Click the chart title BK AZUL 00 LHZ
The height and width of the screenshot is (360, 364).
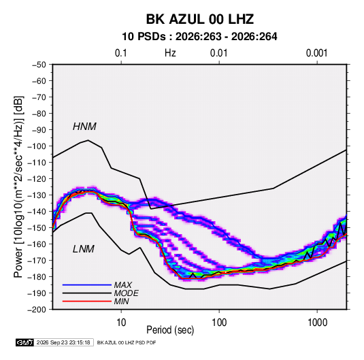coord(200,19)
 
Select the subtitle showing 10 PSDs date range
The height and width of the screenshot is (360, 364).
coord(199,37)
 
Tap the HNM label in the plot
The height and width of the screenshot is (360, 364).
coord(84,127)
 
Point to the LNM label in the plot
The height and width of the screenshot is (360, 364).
coord(84,249)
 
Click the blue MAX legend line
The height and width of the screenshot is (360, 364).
coord(87,285)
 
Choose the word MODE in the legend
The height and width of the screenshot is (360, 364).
coord(126,293)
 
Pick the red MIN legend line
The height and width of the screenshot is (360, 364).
coord(87,301)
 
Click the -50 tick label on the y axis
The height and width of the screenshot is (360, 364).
coord(39,65)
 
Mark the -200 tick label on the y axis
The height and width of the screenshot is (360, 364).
coord(37,310)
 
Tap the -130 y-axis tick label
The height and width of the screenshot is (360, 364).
coord(37,195)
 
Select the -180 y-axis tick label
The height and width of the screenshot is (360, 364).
coord(37,277)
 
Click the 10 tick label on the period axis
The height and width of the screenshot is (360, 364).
coord(121,323)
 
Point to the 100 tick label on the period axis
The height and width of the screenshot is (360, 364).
coord(219,323)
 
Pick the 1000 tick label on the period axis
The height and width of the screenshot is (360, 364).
coord(317,323)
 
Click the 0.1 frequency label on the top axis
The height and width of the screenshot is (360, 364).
coord(121,53)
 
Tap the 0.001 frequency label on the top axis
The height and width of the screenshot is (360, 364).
coord(317,53)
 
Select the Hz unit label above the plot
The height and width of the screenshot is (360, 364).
coord(170,53)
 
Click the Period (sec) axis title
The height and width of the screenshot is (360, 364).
coord(170,330)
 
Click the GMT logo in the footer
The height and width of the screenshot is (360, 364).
coord(24,342)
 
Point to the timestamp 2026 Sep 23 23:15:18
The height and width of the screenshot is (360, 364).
coord(63,342)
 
